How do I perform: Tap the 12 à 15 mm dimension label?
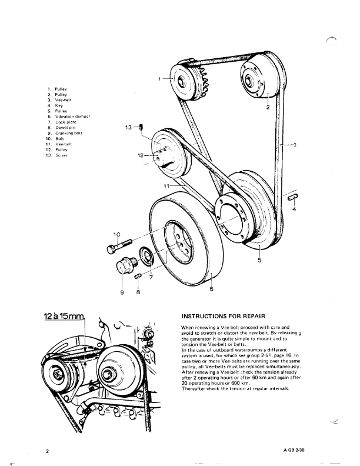(x=65, y=317)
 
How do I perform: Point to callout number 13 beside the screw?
(x=129, y=127)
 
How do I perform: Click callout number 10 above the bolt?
(x=116, y=235)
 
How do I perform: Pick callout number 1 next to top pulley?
(x=159, y=78)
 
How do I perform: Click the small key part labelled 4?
(x=294, y=198)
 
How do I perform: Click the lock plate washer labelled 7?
(x=146, y=257)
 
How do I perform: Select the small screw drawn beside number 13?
(x=142, y=127)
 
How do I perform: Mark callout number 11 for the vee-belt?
(x=166, y=185)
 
